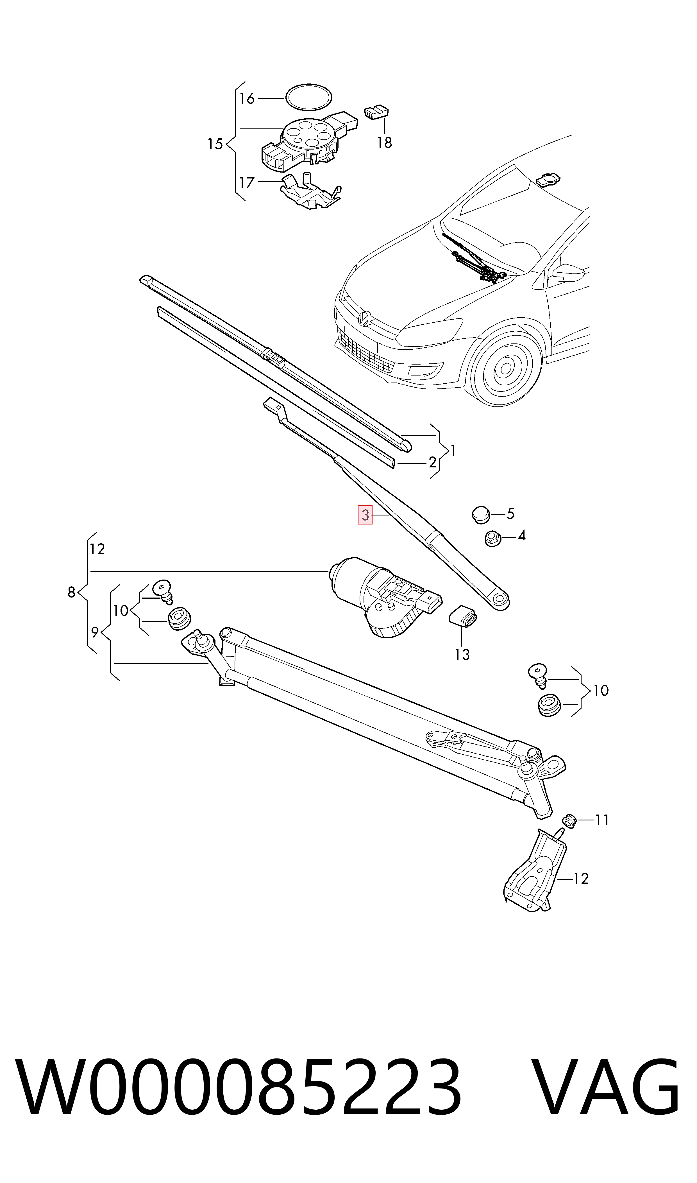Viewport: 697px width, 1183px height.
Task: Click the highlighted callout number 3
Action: tap(365, 515)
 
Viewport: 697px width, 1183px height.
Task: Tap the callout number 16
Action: tap(247, 99)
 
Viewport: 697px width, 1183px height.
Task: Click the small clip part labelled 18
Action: tap(376, 112)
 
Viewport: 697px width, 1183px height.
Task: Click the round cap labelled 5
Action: tap(480, 514)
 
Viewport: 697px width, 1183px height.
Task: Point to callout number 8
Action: tap(71, 592)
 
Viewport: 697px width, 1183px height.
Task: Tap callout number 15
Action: tap(215, 144)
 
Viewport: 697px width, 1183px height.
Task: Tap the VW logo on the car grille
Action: tap(364, 318)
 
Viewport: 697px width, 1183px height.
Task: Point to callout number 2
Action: tap(432, 462)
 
